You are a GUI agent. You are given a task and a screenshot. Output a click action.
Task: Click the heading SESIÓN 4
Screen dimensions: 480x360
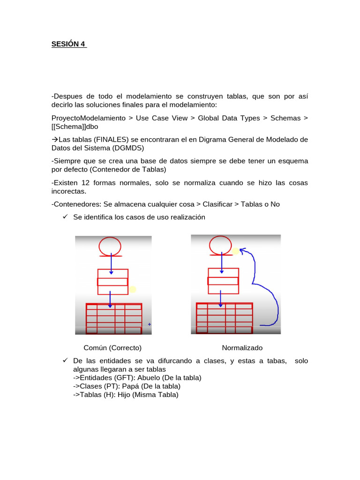(68, 45)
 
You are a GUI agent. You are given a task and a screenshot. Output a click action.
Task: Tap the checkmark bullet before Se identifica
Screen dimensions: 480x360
(65, 217)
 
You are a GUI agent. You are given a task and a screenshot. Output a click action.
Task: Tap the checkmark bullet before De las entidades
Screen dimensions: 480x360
(65, 361)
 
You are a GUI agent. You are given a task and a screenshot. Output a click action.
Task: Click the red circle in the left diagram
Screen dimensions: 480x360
(110, 246)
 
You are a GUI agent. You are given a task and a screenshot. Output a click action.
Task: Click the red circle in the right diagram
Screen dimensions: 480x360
(221, 244)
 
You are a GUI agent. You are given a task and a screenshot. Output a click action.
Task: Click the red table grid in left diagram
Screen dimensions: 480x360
(114, 318)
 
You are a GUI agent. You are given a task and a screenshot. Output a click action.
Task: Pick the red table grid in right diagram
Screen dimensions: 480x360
(224, 317)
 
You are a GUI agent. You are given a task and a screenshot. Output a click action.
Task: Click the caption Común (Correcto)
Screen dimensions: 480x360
(112, 348)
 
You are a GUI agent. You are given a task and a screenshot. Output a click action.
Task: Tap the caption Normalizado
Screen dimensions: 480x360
(242, 348)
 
